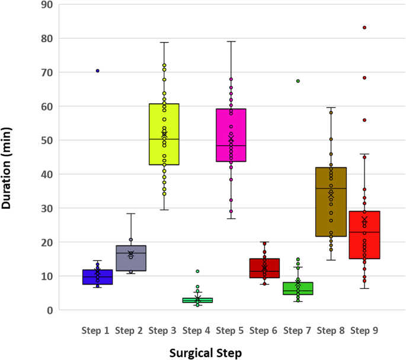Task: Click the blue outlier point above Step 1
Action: (x=98, y=71)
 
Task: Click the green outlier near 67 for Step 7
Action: (x=298, y=81)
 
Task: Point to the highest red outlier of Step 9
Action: (x=365, y=27)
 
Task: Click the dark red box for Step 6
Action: (x=264, y=268)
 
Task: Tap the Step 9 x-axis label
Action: (x=365, y=330)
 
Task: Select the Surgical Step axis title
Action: (x=206, y=352)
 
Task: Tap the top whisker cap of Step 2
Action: (x=131, y=214)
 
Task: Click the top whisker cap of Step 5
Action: (x=231, y=42)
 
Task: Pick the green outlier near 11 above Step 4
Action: (x=197, y=271)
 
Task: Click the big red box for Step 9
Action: (x=365, y=235)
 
